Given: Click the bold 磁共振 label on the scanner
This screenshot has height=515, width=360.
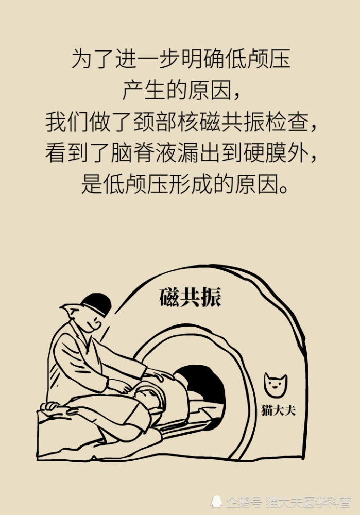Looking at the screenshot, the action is [x=190, y=297].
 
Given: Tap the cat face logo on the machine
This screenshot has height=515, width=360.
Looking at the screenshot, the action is [x=275, y=385].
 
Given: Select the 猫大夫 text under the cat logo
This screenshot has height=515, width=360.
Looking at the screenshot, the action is [x=278, y=410].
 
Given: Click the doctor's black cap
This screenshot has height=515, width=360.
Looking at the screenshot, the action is [x=97, y=303].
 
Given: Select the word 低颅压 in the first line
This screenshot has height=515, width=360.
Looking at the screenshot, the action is [x=258, y=59].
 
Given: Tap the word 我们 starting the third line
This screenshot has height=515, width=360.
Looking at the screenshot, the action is [x=66, y=122].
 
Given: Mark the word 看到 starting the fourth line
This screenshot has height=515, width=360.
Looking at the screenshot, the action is [x=66, y=153].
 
